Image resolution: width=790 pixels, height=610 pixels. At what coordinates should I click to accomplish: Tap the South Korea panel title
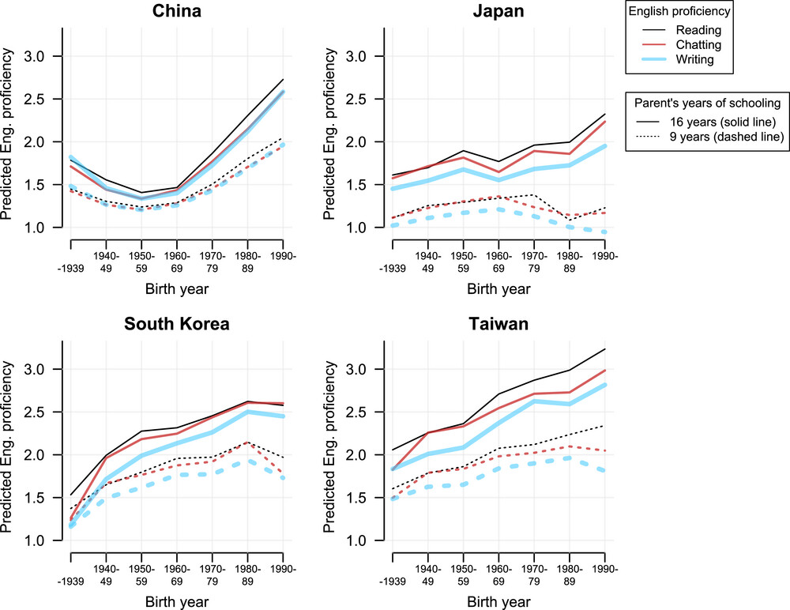[176, 326]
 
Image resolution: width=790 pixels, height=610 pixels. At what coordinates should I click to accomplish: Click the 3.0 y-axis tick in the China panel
[43, 57]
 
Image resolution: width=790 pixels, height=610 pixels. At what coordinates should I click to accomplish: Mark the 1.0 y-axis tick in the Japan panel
[364, 228]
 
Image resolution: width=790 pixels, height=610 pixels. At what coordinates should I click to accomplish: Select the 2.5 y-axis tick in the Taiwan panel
[364, 412]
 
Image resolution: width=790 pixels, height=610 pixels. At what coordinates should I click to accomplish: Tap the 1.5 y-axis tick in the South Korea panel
[43, 498]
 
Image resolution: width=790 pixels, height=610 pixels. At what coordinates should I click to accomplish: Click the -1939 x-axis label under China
[70, 269]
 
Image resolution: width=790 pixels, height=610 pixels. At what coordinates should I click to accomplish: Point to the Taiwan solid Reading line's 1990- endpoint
[604, 348]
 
